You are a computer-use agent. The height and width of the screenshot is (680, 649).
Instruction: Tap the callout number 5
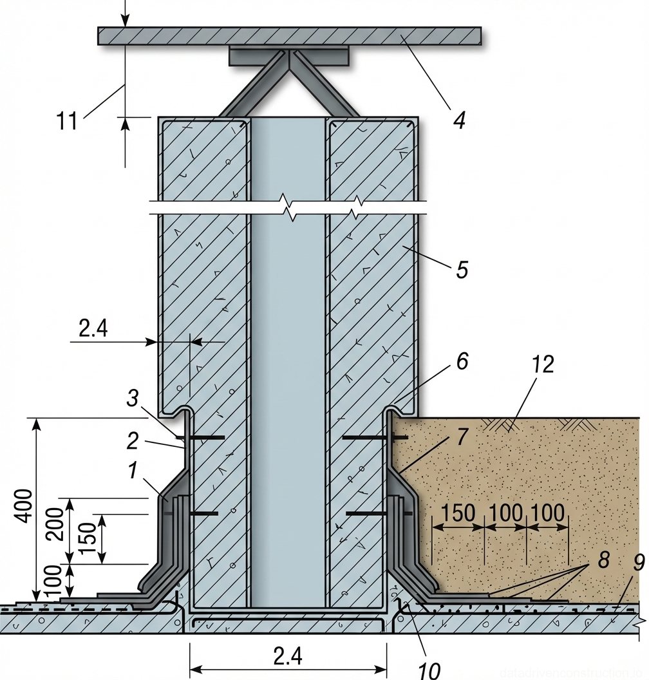461,269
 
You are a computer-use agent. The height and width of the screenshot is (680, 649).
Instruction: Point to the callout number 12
543,364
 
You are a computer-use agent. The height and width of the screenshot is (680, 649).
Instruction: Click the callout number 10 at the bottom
429,670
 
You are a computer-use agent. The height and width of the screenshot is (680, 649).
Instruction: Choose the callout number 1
132,471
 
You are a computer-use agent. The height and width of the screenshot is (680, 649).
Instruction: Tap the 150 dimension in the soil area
458,513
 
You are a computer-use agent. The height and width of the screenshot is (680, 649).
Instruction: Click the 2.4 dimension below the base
287,657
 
